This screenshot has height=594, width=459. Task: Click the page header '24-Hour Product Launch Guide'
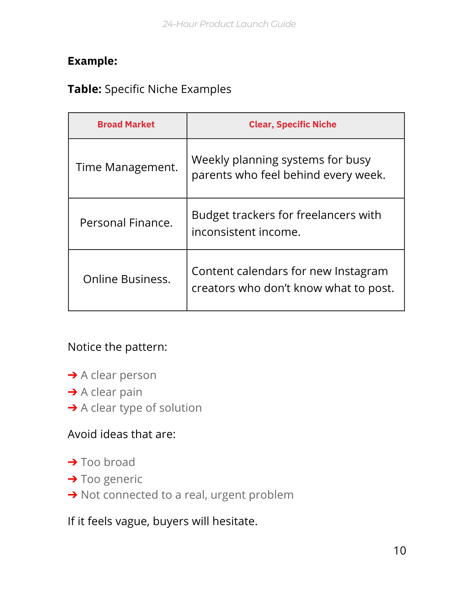click(229, 24)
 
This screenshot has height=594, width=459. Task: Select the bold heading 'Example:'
click(92, 61)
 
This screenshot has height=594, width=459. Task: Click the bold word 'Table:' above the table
click(85, 89)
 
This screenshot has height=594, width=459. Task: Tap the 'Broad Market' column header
click(126, 124)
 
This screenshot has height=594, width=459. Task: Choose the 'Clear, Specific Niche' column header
click(292, 124)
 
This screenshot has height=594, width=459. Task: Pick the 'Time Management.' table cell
click(127, 168)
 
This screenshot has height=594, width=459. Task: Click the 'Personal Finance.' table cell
click(126, 223)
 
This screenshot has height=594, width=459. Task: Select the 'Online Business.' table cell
click(127, 279)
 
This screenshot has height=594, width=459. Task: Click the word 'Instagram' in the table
click(361, 271)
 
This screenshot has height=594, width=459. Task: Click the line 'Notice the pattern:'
click(117, 347)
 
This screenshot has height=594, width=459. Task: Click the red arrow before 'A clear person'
click(72, 375)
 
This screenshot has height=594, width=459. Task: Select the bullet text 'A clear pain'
click(111, 392)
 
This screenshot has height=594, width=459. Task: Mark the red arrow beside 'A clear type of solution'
click(72, 408)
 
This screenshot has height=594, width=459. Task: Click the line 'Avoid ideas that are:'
click(122, 434)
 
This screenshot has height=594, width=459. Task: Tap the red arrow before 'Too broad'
click(72, 462)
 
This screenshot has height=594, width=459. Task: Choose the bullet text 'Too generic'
click(111, 479)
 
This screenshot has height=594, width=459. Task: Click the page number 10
click(400, 551)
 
